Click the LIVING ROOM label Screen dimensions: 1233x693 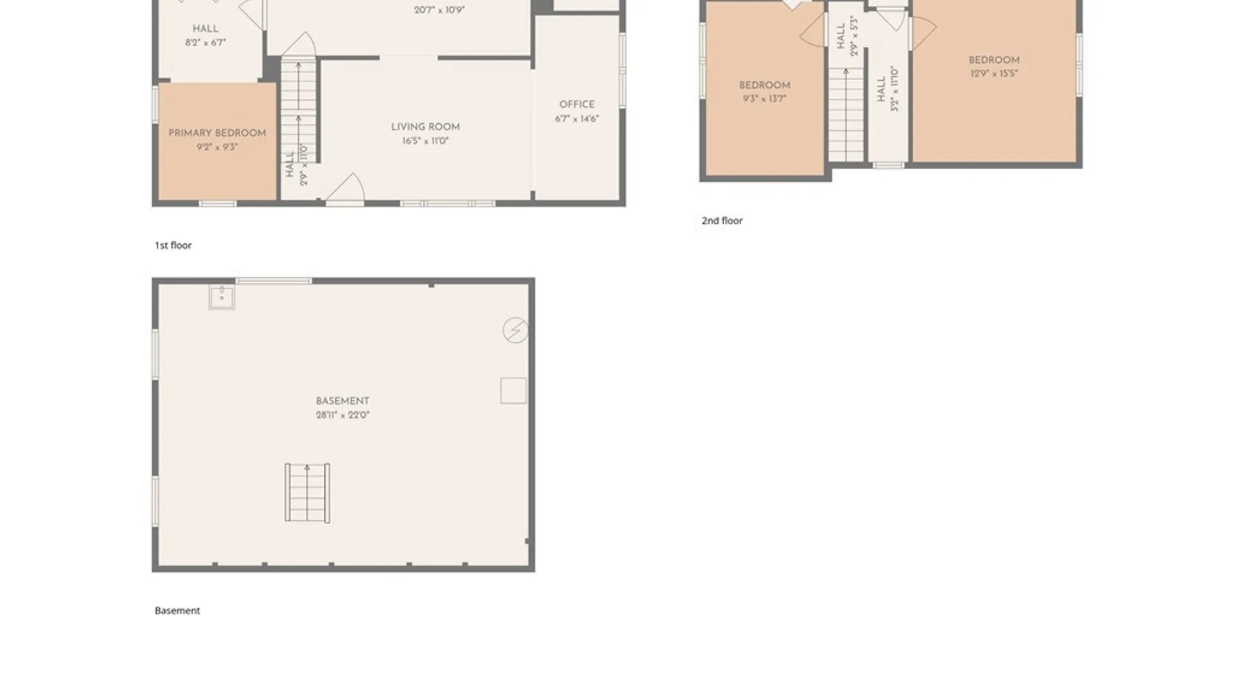pyautogui.click(x=425, y=127)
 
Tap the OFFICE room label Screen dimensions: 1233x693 pyautogui.click(x=577, y=105)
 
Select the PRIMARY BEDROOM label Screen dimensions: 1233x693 pyautogui.click(x=217, y=133)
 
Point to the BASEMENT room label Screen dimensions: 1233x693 pyautogui.click(x=342, y=401)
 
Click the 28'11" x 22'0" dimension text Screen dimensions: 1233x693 pyautogui.click(x=342, y=415)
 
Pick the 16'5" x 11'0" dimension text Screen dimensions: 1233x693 pyautogui.click(x=425, y=141)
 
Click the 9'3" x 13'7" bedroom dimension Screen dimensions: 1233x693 pyautogui.click(x=764, y=99)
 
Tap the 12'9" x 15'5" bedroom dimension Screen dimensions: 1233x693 pyautogui.click(x=994, y=74)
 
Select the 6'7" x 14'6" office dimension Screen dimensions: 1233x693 pyautogui.click(x=577, y=119)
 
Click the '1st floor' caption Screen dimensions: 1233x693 pyautogui.click(x=173, y=245)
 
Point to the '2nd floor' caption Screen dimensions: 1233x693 pyautogui.click(x=722, y=221)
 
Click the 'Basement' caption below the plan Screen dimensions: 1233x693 pyautogui.click(x=177, y=611)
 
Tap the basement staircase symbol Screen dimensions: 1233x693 pyautogui.click(x=308, y=493)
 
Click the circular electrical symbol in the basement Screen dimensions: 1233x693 pyautogui.click(x=515, y=330)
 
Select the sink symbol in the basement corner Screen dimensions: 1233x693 pyautogui.click(x=222, y=297)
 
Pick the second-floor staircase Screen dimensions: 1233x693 pyautogui.click(x=846, y=114)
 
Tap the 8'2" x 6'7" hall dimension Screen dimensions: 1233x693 pyautogui.click(x=205, y=43)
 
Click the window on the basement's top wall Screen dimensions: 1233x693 pyautogui.click(x=274, y=281)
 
